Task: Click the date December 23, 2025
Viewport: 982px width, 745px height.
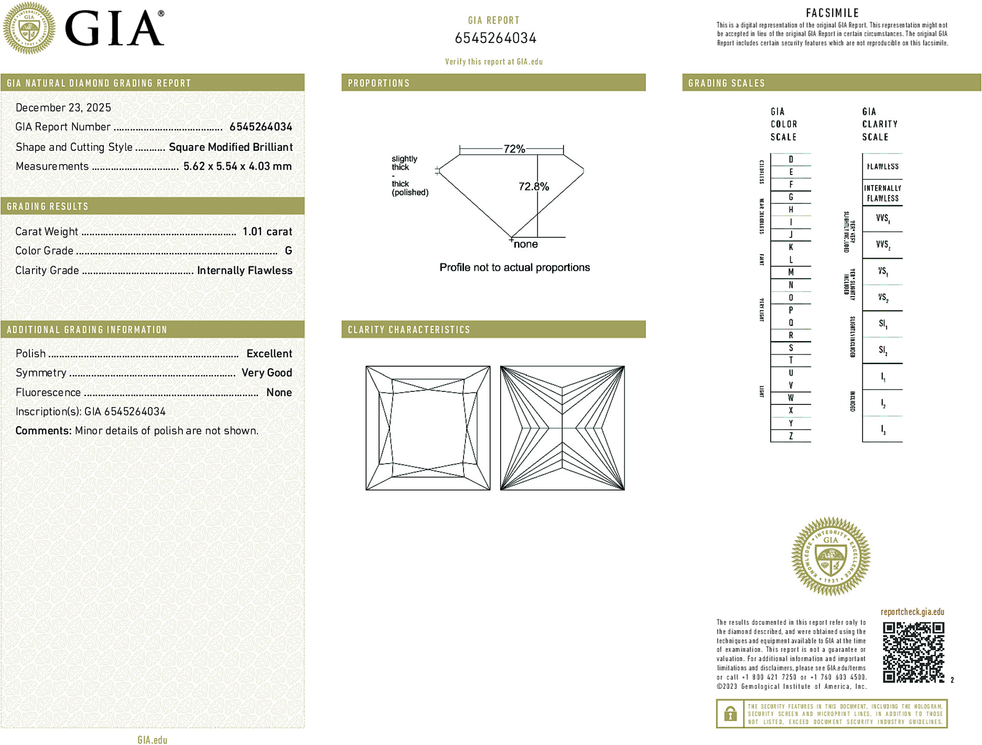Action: (63, 107)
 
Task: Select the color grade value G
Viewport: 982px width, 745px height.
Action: (288, 251)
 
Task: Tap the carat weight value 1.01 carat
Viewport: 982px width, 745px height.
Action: (267, 232)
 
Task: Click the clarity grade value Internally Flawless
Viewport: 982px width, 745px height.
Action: (244, 270)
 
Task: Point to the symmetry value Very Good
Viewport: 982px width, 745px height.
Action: (266, 372)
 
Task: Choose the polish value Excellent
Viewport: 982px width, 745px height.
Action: (269, 354)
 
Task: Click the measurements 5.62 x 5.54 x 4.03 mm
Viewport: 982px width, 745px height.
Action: (237, 166)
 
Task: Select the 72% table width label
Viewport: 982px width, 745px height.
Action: (514, 149)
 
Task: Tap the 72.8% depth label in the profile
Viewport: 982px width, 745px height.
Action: (533, 187)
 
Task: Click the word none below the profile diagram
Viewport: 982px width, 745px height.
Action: (525, 244)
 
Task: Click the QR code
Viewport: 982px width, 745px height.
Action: (913, 652)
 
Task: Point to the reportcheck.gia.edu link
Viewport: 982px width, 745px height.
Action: (912, 612)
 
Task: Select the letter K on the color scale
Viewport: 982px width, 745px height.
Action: (791, 247)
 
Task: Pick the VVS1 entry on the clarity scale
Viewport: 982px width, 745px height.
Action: (882, 218)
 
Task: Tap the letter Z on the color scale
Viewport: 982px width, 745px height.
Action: (791, 436)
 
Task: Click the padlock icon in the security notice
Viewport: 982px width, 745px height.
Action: (730, 714)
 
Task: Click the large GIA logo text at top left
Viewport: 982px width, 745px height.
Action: (114, 29)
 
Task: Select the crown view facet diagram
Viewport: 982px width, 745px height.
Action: (428, 428)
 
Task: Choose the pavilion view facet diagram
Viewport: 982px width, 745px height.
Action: (562, 428)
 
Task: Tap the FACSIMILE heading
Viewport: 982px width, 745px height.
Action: (832, 13)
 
